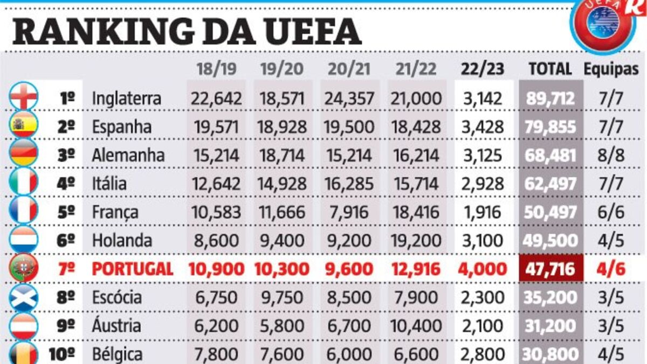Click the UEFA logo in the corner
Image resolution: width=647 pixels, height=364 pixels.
pos(603,24)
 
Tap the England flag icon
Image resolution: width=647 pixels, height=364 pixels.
pos(24,97)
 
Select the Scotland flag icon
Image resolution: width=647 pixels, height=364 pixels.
pos(24,297)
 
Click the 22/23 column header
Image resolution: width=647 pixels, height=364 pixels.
pos(483,69)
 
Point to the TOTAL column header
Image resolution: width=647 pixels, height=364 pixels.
pos(550,69)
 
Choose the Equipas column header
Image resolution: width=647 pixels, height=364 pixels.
pos(611,69)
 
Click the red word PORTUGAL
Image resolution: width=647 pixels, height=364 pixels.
pos(133,269)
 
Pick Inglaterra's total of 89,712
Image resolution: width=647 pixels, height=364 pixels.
pos(550,99)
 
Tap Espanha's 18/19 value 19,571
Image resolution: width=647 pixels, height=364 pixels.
pos(216,127)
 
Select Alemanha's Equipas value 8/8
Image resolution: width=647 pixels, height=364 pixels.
pos(611,156)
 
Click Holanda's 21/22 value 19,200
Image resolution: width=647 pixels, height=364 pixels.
pos(416,240)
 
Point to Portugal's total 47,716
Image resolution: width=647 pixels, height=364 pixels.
pos(550,269)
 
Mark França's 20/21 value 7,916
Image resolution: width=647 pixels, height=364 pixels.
pos(349,212)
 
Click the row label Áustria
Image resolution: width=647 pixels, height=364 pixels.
pos(116,325)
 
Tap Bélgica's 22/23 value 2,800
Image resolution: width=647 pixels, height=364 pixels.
pos(483,354)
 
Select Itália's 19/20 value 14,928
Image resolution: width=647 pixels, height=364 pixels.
pos(283,184)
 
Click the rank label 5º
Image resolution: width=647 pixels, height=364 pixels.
pos(66,212)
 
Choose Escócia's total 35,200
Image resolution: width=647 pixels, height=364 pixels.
pos(550,297)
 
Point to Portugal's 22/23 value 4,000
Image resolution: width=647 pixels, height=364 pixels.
pos(483,269)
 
